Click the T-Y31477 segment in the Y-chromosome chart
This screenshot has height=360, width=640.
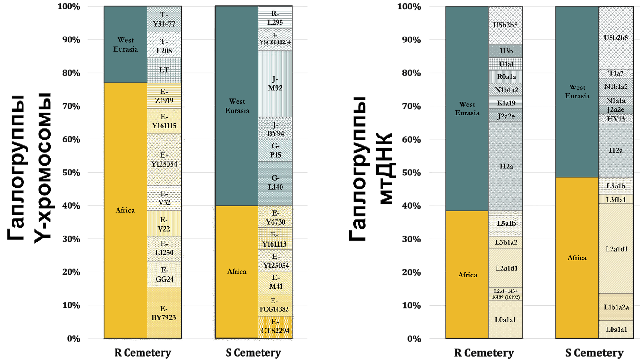click(164, 19)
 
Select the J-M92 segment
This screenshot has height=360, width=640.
click(275, 84)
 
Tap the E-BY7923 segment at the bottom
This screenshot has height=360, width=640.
click(164, 313)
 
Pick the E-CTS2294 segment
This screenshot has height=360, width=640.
click(275, 327)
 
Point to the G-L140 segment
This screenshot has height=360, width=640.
click(275, 183)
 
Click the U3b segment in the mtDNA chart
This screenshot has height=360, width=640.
click(506, 51)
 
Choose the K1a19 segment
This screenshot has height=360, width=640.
click(506, 102)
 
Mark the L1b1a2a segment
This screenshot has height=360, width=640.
click(616, 307)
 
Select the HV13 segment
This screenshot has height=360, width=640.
click(616, 119)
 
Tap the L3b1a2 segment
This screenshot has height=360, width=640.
click(506, 242)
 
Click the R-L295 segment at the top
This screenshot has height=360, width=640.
click(275, 17)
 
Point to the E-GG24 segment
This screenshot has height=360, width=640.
click(164, 274)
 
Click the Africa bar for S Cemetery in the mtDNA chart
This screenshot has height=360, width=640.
click(577, 258)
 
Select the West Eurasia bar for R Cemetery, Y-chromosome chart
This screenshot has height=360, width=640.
click(125, 44)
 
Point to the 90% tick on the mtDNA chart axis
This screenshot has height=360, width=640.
click(412, 40)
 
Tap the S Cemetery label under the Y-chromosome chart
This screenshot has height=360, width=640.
click(253, 353)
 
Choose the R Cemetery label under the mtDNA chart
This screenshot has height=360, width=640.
click(484, 353)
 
